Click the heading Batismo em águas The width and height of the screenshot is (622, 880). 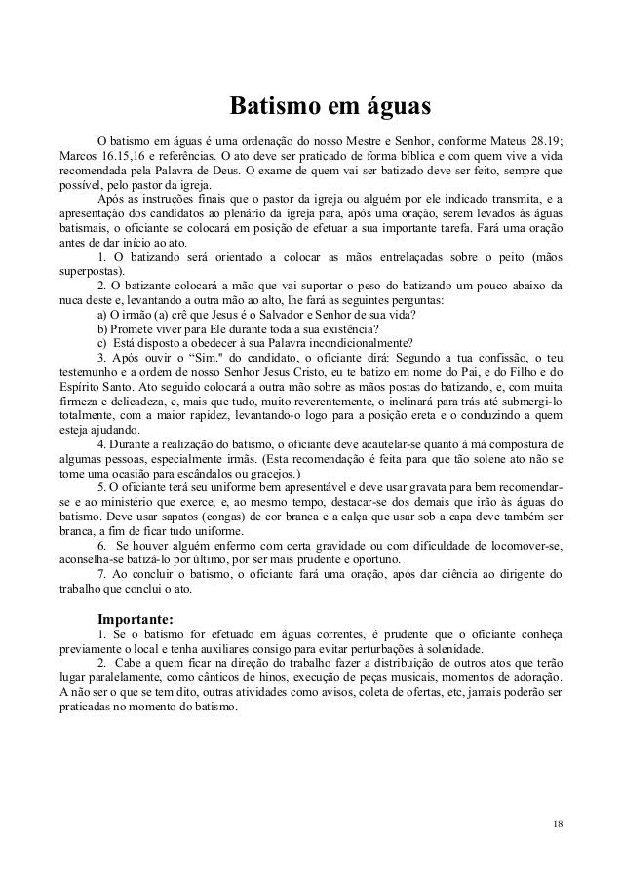pyautogui.click(x=330, y=104)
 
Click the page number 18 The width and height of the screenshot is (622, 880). pyautogui.click(x=556, y=824)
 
